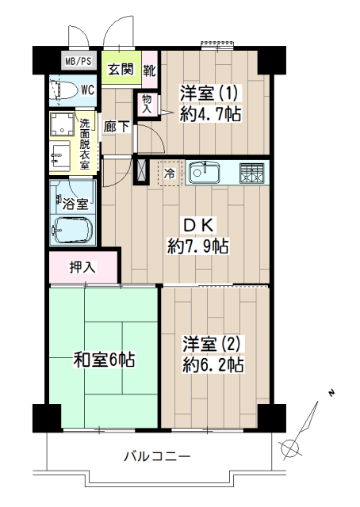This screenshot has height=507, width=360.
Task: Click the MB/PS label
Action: click(79, 61)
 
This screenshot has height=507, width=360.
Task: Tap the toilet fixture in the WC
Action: click(63, 90)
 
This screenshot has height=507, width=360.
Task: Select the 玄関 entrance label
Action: click(121, 69)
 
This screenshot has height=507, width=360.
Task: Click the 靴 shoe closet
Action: click(150, 70)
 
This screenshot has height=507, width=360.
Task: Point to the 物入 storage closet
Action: click(147, 104)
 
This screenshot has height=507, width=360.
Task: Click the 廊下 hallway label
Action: click(117, 127)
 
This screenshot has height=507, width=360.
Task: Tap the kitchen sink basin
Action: click(205, 173)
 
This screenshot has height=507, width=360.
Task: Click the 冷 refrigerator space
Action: click(170, 173)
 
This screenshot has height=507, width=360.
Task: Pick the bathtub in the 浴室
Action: click(73, 229)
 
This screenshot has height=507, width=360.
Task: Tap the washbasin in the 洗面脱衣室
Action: click(60, 156)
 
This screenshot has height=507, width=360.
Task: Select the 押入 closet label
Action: click(82, 268)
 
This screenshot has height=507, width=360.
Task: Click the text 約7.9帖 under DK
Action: click(198, 246)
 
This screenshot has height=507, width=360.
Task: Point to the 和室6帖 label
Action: click(104, 359)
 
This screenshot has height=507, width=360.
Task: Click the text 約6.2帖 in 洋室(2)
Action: click(213, 364)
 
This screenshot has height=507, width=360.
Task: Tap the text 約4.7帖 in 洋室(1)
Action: click(210, 114)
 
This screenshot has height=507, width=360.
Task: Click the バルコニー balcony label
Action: click(157, 456)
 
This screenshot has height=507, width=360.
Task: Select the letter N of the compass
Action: click(331, 393)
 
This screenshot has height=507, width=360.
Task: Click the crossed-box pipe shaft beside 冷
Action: click(141, 170)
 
